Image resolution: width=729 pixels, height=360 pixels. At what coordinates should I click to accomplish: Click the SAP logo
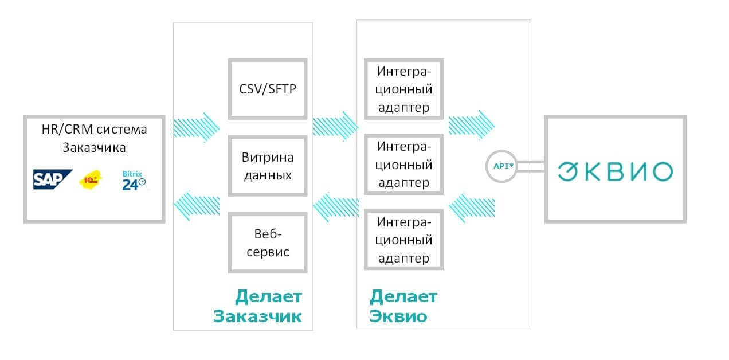pos(52,179)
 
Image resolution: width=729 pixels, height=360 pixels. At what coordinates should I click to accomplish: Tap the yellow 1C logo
pos(91,179)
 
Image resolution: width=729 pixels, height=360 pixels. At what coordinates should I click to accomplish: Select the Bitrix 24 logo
pos(134,180)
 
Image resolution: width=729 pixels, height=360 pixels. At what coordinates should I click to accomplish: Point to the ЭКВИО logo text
pos(616,171)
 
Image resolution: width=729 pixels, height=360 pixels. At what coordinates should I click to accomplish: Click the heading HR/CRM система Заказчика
pos(94,138)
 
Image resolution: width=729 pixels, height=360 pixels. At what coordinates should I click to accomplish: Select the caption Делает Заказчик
pos(257,306)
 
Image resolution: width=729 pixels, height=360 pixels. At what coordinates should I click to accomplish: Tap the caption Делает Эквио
pos(403,306)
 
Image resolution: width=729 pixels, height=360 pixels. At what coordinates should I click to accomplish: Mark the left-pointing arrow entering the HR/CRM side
pos(197,206)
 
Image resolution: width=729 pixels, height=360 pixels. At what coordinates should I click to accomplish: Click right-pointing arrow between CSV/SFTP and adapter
pos(335,127)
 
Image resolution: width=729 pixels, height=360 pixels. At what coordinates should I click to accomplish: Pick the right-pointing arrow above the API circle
pos(472,126)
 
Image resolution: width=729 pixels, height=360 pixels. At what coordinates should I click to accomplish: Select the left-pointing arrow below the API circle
pos(472,208)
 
